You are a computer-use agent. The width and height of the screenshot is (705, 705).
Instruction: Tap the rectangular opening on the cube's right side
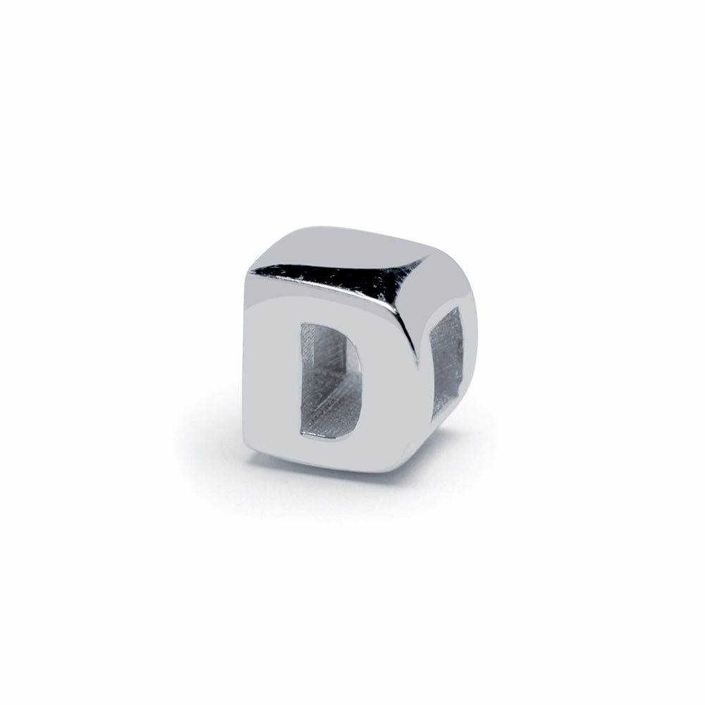pyautogui.click(x=446, y=362)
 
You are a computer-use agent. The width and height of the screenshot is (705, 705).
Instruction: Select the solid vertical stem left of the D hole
pyautogui.click(x=272, y=378)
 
